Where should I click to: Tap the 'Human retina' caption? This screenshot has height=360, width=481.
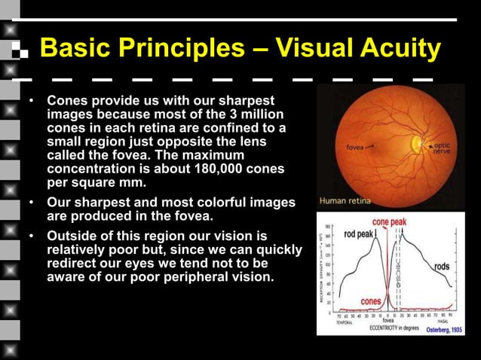348,201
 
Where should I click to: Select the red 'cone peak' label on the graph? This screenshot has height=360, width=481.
390,223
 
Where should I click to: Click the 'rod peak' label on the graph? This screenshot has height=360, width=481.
359,234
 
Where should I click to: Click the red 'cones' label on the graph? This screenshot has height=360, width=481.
370,301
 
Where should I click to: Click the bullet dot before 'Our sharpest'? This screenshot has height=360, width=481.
32,203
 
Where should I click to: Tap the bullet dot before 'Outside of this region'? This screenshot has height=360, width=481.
32,236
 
